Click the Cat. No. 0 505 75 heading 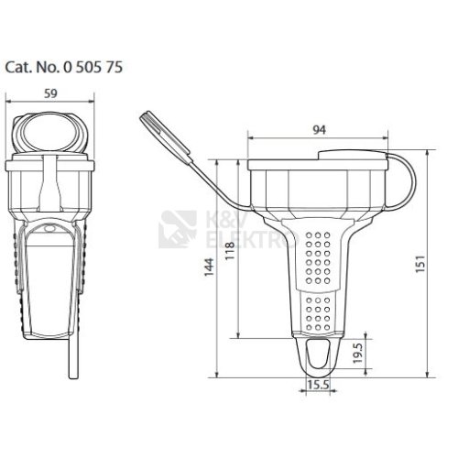64,67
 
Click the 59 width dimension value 50,93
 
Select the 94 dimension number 320,130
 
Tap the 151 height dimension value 420,264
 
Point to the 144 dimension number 209,267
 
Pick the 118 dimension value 230,250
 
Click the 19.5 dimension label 357,353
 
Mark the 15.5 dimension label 318,385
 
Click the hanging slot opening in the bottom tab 318,354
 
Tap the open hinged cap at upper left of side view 166,136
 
